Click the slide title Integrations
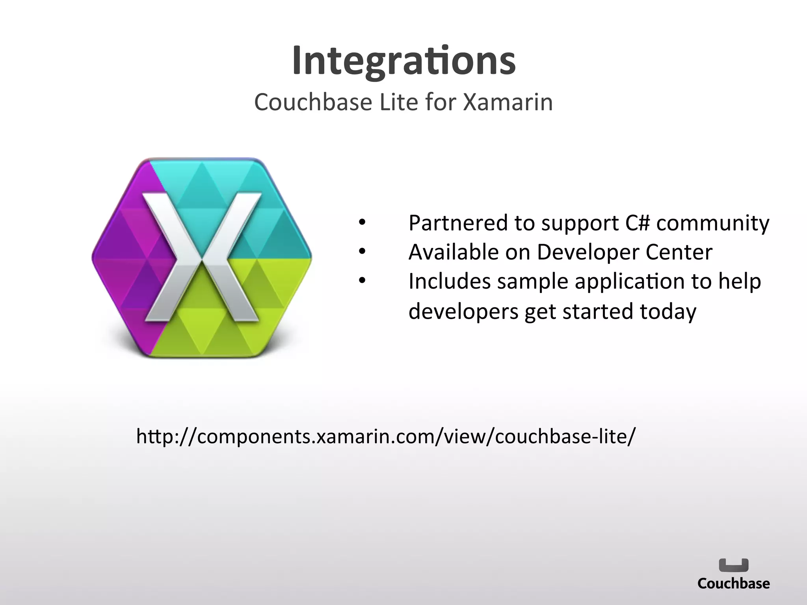(403, 61)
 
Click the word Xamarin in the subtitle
(508, 102)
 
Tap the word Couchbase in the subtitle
(313, 102)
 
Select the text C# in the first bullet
(637, 223)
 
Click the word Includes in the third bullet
(449, 282)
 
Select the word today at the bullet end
(668, 312)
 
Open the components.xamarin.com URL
(386, 436)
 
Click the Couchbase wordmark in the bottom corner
(733, 583)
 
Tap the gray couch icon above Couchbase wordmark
(733, 565)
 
